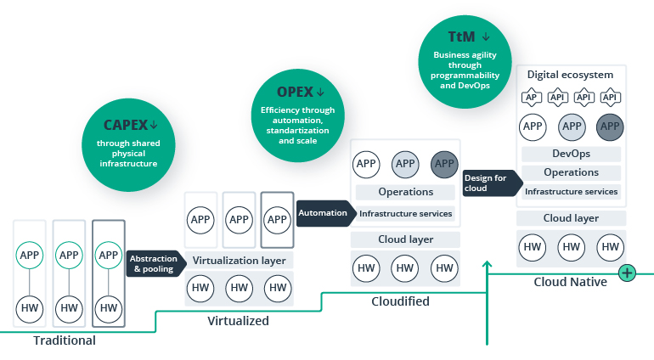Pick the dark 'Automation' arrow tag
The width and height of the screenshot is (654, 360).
[x=323, y=213]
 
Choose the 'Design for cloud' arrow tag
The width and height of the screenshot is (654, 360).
[x=488, y=183]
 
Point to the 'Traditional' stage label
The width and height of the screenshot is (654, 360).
[x=65, y=340]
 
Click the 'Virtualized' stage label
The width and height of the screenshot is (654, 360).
[x=239, y=321]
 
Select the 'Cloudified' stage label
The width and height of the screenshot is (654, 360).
[x=401, y=301]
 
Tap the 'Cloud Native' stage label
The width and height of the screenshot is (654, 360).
[x=571, y=282]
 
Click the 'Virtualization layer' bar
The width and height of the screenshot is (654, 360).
[x=240, y=261]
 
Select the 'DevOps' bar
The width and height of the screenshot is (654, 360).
[x=571, y=155]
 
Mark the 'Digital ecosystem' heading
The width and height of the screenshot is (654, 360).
[x=570, y=75]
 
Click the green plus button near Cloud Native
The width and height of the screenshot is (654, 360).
[x=627, y=273]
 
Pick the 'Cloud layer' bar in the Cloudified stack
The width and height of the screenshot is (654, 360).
[x=405, y=239]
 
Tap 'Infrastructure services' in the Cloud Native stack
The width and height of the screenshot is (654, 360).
[x=571, y=192]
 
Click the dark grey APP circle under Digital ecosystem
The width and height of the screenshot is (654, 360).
[x=609, y=127]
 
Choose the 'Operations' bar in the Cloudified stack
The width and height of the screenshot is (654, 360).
[x=405, y=192]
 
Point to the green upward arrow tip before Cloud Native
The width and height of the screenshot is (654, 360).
[x=488, y=265]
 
